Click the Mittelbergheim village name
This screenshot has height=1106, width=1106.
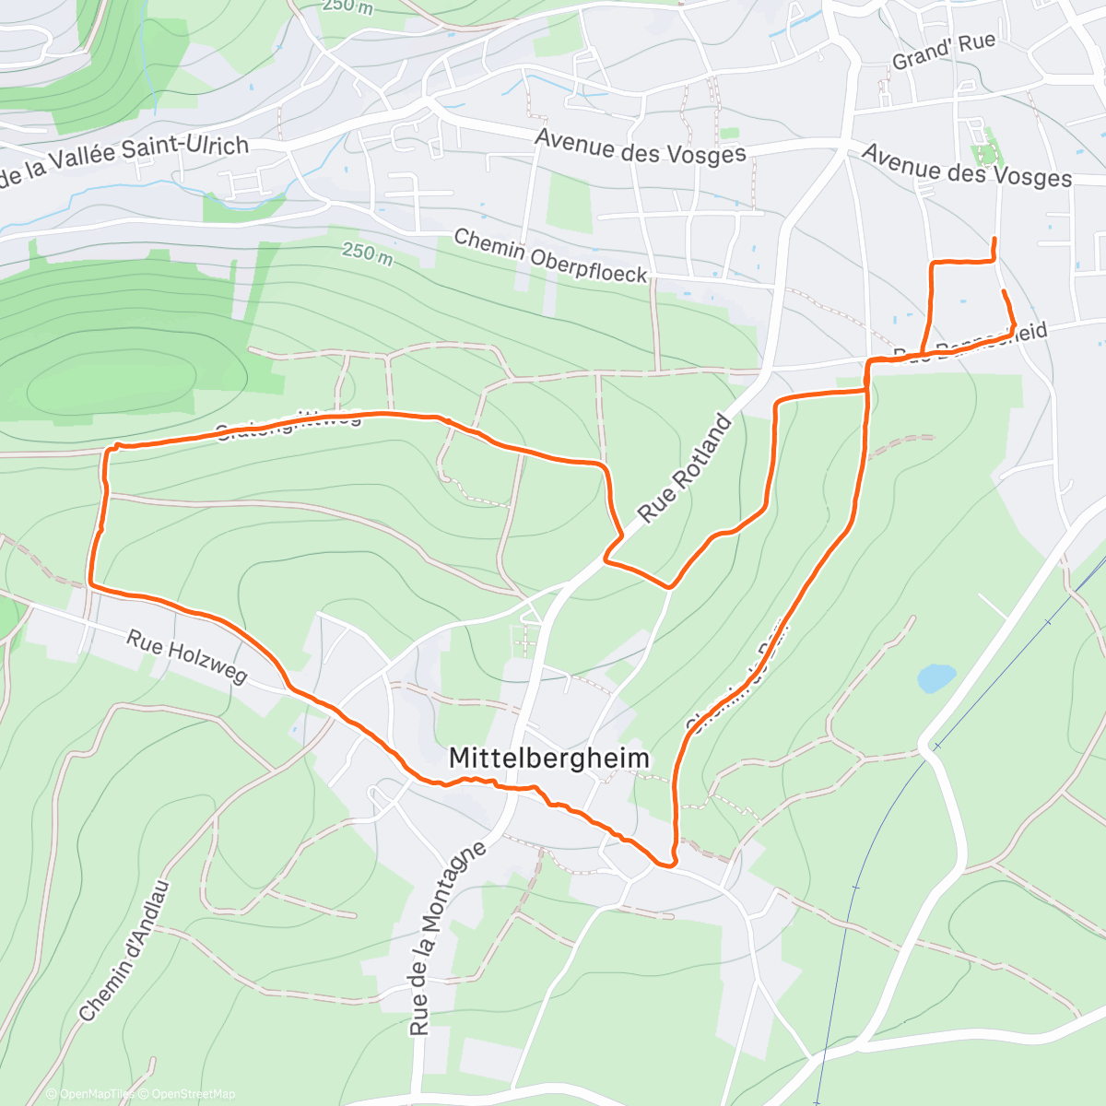548,759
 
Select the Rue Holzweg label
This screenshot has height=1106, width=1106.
187,656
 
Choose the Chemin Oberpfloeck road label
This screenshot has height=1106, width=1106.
550,255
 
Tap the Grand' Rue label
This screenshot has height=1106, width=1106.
944,52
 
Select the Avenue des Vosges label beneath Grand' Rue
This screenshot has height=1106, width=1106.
967,165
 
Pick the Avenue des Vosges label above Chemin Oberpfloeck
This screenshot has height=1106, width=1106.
640,147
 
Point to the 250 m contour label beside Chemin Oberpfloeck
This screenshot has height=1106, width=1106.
367,252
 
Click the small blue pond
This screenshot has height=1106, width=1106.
935,678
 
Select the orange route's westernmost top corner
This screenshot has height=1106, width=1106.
110,449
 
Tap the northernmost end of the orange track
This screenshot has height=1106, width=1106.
994,240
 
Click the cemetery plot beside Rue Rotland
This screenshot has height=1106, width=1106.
524,637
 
